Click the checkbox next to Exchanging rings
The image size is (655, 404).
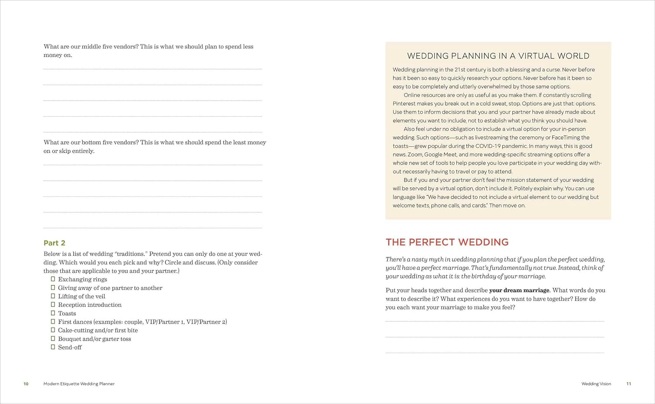pos(53,279)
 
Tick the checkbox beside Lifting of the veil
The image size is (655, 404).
pos(53,296)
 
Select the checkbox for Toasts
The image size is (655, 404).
pos(53,313)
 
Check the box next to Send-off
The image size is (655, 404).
pos(53,347)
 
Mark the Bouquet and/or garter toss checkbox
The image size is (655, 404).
pos(53,338)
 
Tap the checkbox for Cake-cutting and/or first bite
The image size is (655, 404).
pos(53,330)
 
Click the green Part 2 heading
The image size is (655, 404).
pos(54,243)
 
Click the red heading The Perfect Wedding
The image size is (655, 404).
pos(447,242)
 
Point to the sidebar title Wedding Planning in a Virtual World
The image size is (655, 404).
pos(498,56)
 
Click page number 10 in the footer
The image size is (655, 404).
pos(26,384)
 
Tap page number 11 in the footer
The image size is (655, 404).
pos(628,384)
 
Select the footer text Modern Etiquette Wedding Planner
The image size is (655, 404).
pos(79,384)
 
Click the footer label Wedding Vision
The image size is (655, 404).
pos(596,384)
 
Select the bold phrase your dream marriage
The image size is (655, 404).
pos(519,290)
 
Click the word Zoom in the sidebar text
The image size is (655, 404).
pos(415,155)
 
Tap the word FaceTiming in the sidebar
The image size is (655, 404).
pos(566,138)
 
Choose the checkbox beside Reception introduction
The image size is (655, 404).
pos(53,304)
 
